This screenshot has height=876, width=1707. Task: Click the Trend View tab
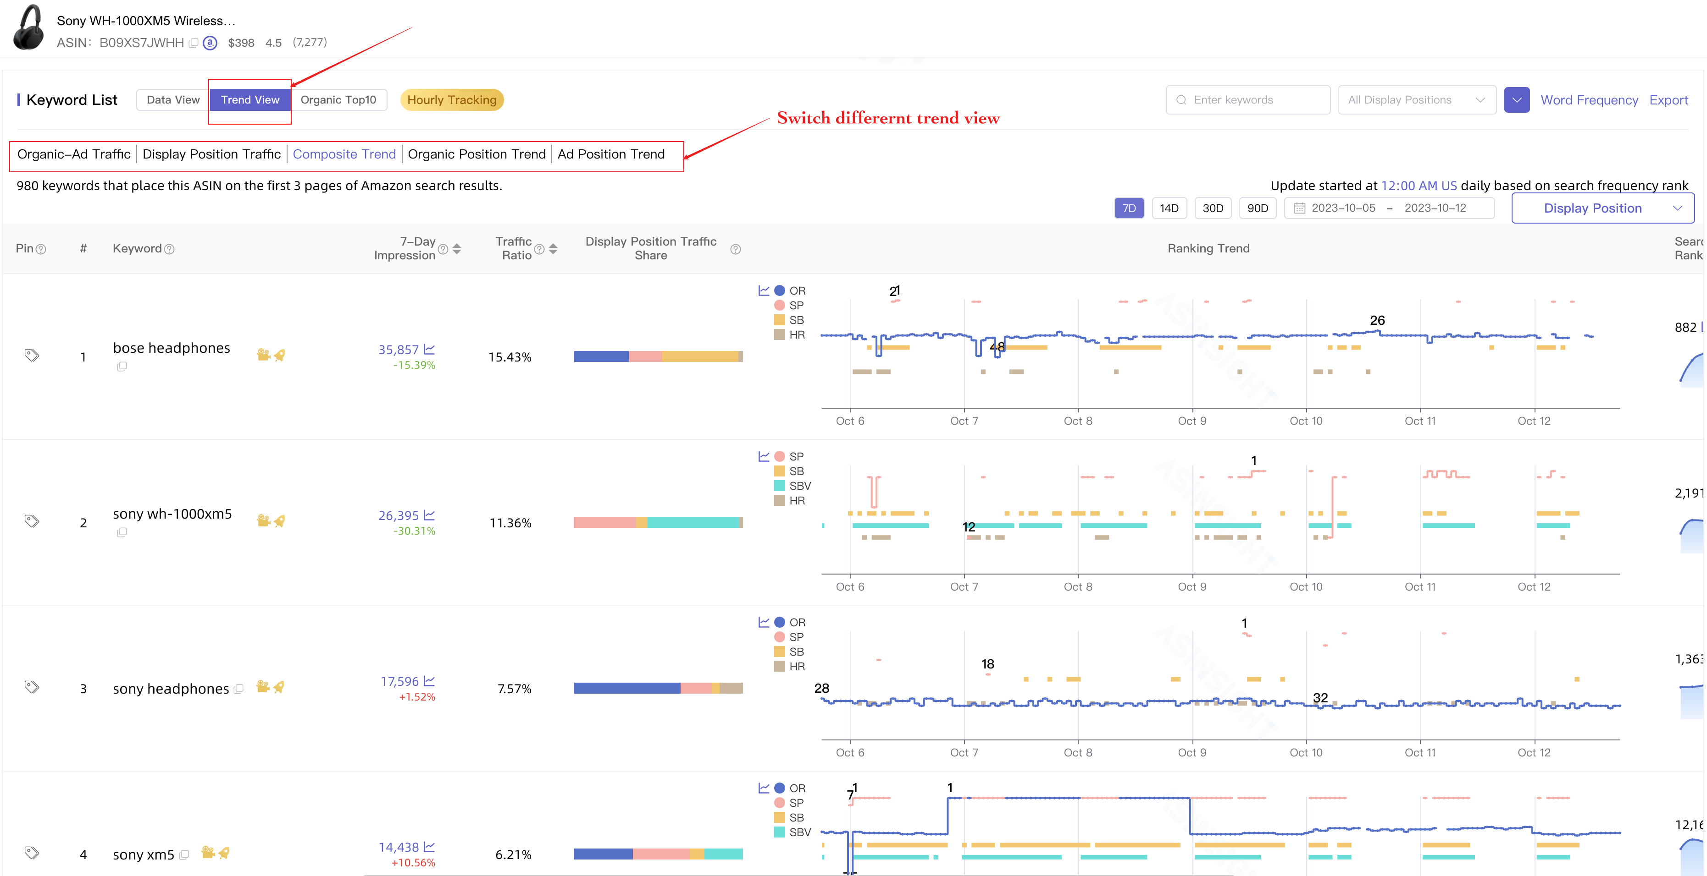click(250, 100)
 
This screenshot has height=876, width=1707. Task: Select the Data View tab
click(173, 100)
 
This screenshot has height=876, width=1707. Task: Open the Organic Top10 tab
click(338, 100)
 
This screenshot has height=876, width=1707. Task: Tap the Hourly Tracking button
click(452, 100)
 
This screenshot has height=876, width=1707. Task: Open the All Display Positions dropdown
click(1416, 100)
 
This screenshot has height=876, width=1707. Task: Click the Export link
click(1668, 100)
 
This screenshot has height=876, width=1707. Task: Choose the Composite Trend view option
click(344, 154)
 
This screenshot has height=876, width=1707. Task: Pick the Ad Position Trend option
click(610, 154)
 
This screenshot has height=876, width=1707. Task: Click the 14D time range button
click(1169, 208)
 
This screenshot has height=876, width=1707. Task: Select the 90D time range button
click(1257, 208)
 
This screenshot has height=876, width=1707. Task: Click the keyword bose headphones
click(172, 348)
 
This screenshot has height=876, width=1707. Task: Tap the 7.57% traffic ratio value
click(514, 689)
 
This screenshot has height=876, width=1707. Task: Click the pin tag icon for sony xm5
click(31, 852)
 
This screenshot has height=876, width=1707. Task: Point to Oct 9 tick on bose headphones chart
click(1192, 421)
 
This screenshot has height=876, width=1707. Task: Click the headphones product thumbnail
click(28, 28)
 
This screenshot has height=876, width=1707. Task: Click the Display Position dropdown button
click(1602, 208)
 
